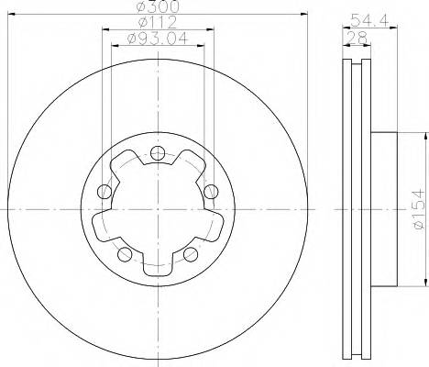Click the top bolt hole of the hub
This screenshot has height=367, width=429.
click(158, 152)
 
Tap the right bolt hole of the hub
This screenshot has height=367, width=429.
click(211, 191)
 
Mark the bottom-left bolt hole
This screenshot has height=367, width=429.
click(125, 254)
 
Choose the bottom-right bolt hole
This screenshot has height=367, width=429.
click(191, 254)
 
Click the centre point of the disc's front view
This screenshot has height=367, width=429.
click(158, 210)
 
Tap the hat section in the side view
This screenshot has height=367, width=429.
click(381, 211)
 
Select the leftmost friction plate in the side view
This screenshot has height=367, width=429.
click(347, 211)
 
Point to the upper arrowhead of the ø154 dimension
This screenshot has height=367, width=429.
click(424, 135)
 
